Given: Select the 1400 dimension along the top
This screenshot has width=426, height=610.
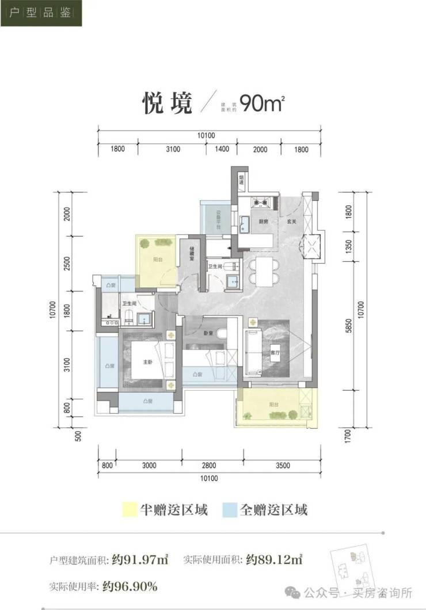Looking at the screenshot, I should [223, 150].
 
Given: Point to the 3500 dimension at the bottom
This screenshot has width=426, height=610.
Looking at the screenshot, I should [283, 466].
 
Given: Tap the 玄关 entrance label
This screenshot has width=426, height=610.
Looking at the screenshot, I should [291, 221].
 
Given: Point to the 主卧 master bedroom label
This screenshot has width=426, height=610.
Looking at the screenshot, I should [148, 362].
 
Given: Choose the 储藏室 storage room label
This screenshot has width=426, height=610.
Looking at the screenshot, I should [192, 254].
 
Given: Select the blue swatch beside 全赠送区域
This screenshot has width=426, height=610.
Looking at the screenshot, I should [230, 509].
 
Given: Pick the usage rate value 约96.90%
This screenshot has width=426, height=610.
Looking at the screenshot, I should [130, 587].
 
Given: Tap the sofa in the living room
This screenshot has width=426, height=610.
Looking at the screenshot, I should [254, 351].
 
